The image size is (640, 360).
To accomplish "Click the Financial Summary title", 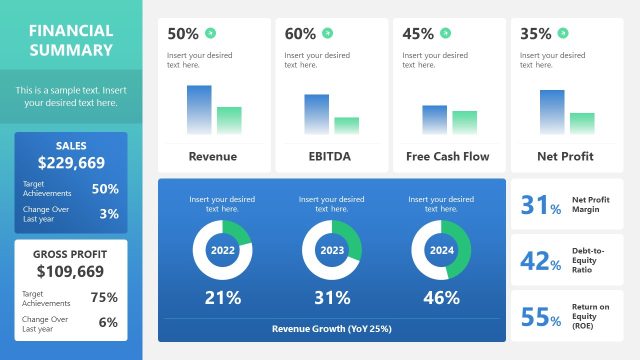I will click(x=71, y=40).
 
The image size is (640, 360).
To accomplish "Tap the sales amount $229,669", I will click(x=71, y=162).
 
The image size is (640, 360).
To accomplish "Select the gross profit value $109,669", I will click(x=71, y=271).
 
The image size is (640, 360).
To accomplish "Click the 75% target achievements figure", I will click(x=104, y=297).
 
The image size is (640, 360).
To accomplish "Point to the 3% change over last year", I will click(x=109, y=213).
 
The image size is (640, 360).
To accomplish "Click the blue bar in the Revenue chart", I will click(x=199, y=109).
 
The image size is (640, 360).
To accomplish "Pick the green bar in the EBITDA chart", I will click(x=347, y=125).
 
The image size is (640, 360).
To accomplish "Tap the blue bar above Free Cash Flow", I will click(x=434, y=119).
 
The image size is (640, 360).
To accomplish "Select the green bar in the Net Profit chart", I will click(x=582, y=123).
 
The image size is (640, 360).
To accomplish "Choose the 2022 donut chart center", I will click(x=222, y=250).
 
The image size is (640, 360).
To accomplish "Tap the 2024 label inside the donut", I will click(x=441, y=250).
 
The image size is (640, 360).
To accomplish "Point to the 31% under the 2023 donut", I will click(x=332, y=297).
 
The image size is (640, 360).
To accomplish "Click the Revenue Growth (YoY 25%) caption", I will click(x=332, y=328).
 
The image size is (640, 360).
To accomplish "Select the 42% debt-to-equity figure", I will click(x=541, y=262).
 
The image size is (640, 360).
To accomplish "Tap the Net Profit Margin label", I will click(x=591, y=205).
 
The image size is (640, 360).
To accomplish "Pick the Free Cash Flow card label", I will click(x=447, y=156).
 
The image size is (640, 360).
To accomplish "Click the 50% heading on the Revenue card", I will click(x=183, y=33).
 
